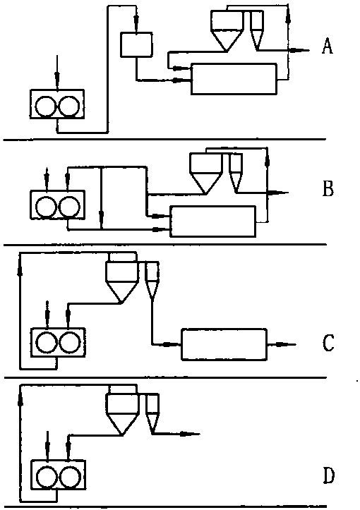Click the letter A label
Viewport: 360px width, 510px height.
coord(328,46)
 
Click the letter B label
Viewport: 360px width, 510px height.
coord(328,188)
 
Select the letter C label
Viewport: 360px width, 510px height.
coord(328,343)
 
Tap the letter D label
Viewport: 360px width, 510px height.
coord(328,475)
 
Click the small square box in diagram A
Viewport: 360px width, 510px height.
coord(136,45)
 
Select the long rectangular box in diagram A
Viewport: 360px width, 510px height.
coord(234,79)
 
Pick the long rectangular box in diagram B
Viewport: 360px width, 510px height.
coord(213,221)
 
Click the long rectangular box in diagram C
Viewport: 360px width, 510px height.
coord(224,344)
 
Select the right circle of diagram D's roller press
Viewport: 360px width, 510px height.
coord(70,477)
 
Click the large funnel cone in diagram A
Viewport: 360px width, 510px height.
coord(227,41)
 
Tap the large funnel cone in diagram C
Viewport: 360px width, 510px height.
coord(122,292)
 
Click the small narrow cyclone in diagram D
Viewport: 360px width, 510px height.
coord(152,414)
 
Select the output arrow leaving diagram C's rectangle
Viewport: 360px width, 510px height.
coord(282,344)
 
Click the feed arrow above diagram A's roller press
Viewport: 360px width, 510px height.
coord(57,72)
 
